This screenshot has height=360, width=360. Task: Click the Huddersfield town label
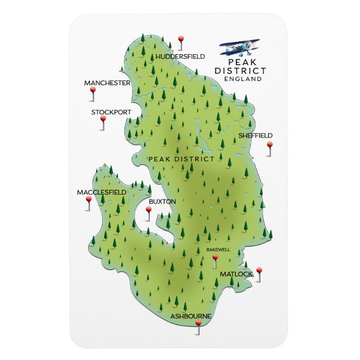click(181, 56)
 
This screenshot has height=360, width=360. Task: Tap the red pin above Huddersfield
click(181, 39)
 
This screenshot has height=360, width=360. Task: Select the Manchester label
click(107, 83)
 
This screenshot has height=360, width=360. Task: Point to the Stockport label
click(111, 112)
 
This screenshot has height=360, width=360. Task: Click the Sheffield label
click(255, 135)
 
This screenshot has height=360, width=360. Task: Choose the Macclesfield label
click(101, 192)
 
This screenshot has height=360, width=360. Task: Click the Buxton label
click(163, 201)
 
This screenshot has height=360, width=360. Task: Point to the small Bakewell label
click(218, 249)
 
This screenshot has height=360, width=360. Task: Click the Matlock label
click(236, 274)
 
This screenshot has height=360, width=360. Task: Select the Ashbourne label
click(191, 316)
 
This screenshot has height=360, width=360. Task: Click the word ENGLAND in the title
click(242, 79)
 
